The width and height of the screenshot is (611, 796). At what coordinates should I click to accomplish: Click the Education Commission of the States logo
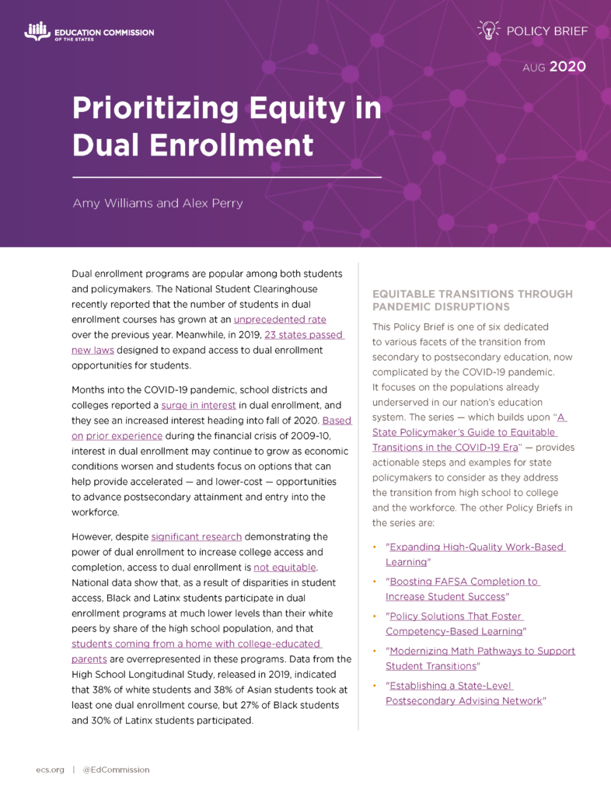pos(89,33)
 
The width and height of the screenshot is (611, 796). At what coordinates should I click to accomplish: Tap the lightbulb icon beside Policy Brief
pos(487,30)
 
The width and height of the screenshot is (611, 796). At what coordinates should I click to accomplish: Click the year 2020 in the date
pos(567,67)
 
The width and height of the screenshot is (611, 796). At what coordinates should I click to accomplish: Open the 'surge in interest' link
pos(198,404)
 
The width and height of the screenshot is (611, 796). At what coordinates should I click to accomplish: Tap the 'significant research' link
pos(197,536)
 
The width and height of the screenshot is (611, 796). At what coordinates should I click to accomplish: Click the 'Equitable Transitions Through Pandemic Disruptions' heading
pos(473,300)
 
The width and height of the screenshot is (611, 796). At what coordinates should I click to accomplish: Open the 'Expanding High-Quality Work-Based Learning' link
pos(476,547)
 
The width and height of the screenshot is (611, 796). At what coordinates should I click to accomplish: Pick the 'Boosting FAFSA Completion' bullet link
pos(464,581)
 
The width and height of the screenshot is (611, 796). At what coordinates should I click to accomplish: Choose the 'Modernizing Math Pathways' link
pos(480,651)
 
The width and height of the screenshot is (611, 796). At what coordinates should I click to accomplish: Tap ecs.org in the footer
pos(49,770)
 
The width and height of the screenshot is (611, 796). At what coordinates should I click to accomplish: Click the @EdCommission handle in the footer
pos(116,770)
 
